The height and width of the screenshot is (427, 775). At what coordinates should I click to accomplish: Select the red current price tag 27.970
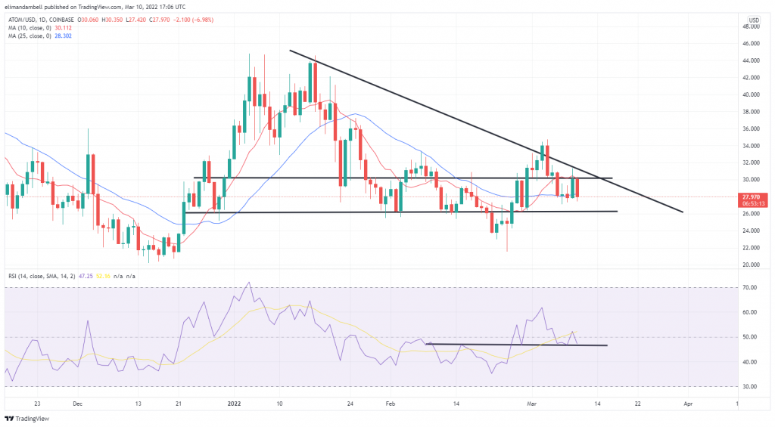coord(756,196)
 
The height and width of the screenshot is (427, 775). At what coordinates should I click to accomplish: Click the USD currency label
coord(754,19)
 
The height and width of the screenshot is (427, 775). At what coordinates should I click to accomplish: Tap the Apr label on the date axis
coord(687,404)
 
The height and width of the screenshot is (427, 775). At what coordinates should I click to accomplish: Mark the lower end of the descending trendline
coord(683,212)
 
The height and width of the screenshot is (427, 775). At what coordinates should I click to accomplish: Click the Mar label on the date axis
coord(532,404)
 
